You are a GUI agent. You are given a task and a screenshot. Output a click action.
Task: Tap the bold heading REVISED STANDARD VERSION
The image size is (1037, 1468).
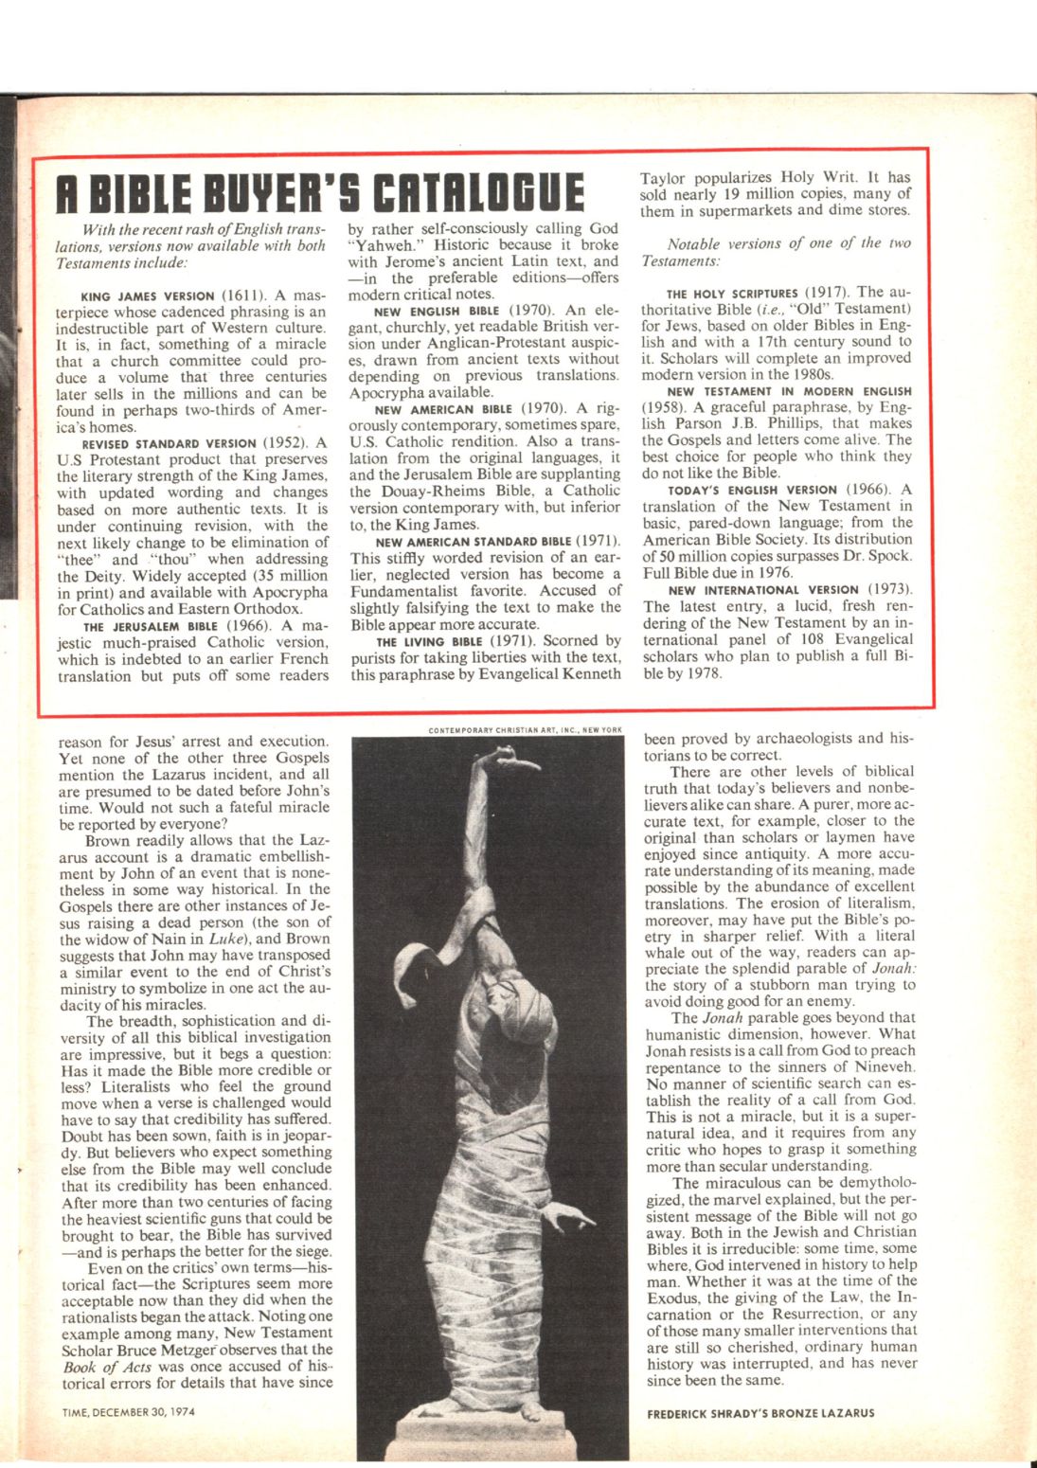coord(170,443)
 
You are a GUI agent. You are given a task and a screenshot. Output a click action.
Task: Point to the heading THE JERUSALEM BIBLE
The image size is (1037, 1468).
coord(152,626)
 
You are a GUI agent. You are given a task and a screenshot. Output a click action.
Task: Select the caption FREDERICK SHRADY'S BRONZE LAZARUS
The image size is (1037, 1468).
coord(760,1413)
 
